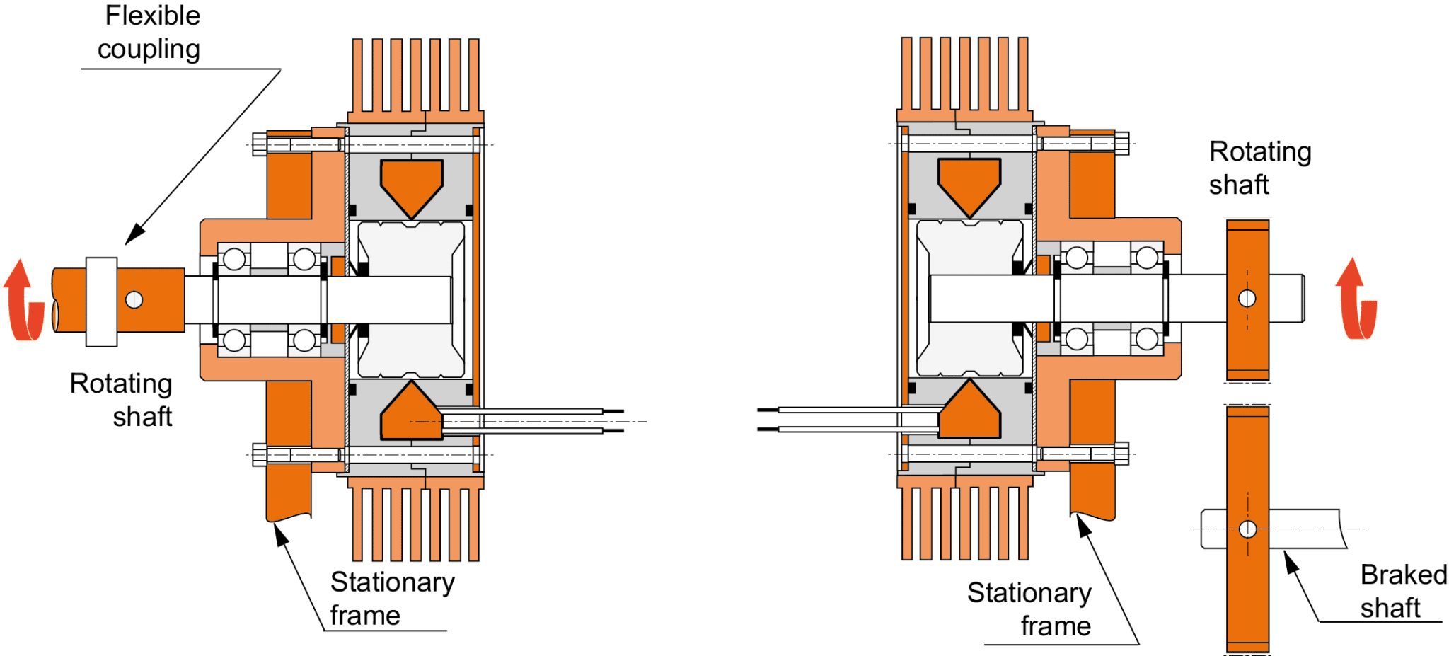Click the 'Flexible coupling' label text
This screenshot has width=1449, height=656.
[x=149, y=33]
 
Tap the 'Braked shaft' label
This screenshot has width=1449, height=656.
[x=1404, y=591]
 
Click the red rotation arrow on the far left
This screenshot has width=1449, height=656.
[x=23, y=300]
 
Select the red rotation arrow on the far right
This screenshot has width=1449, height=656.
[x=1356, y=299]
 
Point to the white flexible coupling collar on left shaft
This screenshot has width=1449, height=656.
[x=102, y=301]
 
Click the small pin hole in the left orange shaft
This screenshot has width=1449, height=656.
[x=134, y=300]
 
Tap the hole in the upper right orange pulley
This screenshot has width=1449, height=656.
[x=1247, y=299]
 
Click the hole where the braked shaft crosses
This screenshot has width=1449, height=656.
[x=1248, y=529]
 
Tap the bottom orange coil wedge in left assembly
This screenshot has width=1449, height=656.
[x=412, y=410]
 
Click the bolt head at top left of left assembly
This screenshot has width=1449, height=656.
[x=260, y=144]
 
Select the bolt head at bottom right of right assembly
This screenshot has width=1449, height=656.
[x=1121, y=454]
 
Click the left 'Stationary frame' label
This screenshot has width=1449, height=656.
[x=392, y=599]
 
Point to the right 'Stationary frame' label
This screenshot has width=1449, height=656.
[x=1029, y=609]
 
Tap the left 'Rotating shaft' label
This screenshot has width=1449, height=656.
[x=121, y=400]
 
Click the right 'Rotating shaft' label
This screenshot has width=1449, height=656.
[x=1260, y=168]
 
